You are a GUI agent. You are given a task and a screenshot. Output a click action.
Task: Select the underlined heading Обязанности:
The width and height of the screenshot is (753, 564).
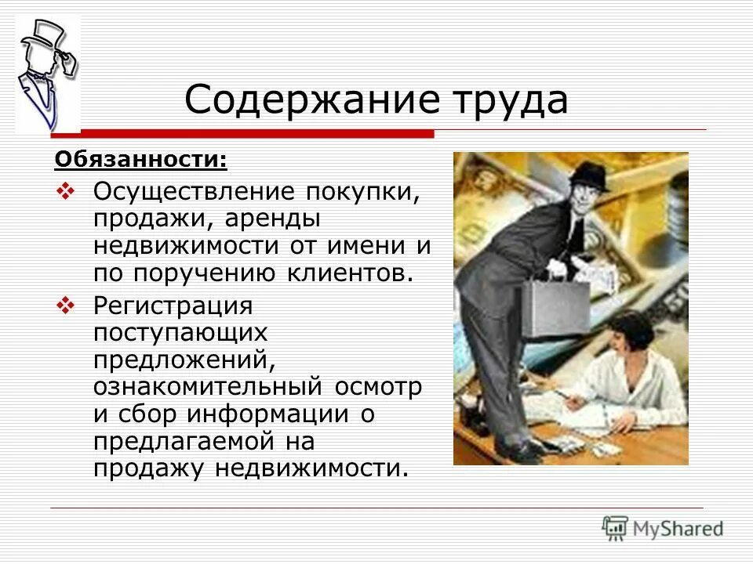click(140, 161)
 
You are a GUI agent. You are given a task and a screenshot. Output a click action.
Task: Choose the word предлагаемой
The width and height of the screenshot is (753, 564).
click(193, 442)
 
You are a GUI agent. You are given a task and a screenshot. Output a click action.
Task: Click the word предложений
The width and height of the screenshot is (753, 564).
click(184, 360)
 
